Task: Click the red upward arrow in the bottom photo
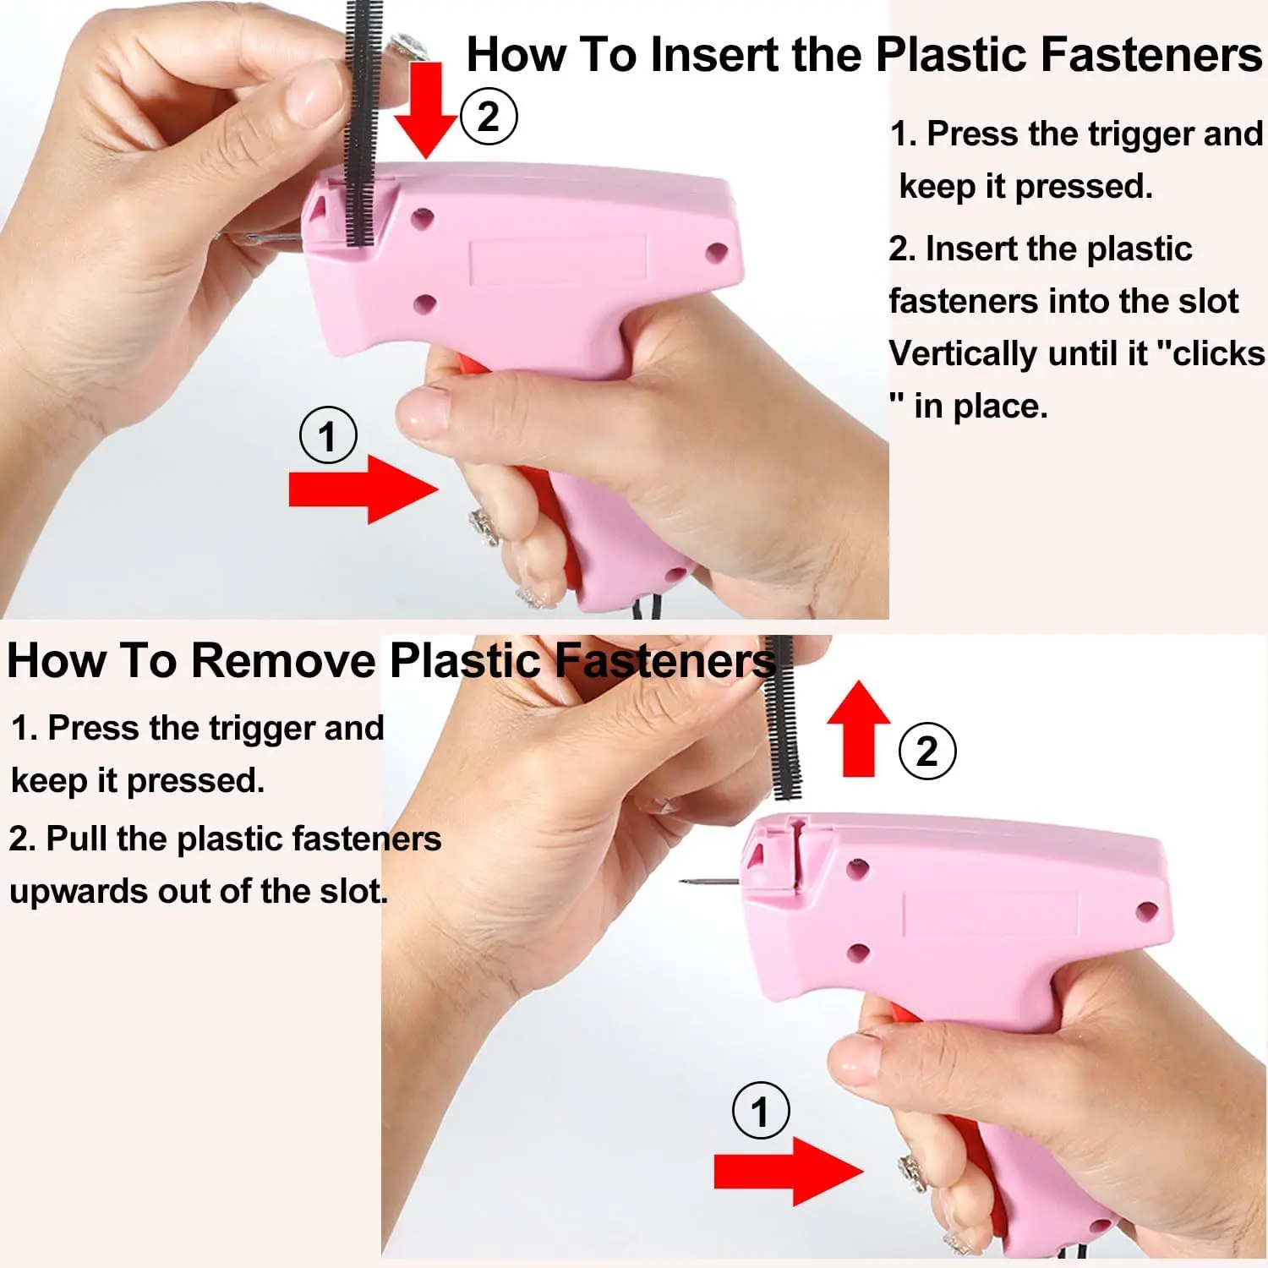[x=858, y=729]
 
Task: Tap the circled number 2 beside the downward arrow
[x=489, y=116]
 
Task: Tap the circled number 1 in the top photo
[x=328, y=435]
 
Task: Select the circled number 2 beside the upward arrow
[x=927, y=751]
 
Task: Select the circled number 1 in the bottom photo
[x=760, y=1110]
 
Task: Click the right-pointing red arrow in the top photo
[x=363, y=489]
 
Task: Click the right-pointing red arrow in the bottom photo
[x=789, y=1171]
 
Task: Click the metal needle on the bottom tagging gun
[x=709, y=883]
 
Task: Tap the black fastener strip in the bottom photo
[x=783, y=719]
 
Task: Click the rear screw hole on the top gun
[x=717, y=252]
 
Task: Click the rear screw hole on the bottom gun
[x=1147, y=911]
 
